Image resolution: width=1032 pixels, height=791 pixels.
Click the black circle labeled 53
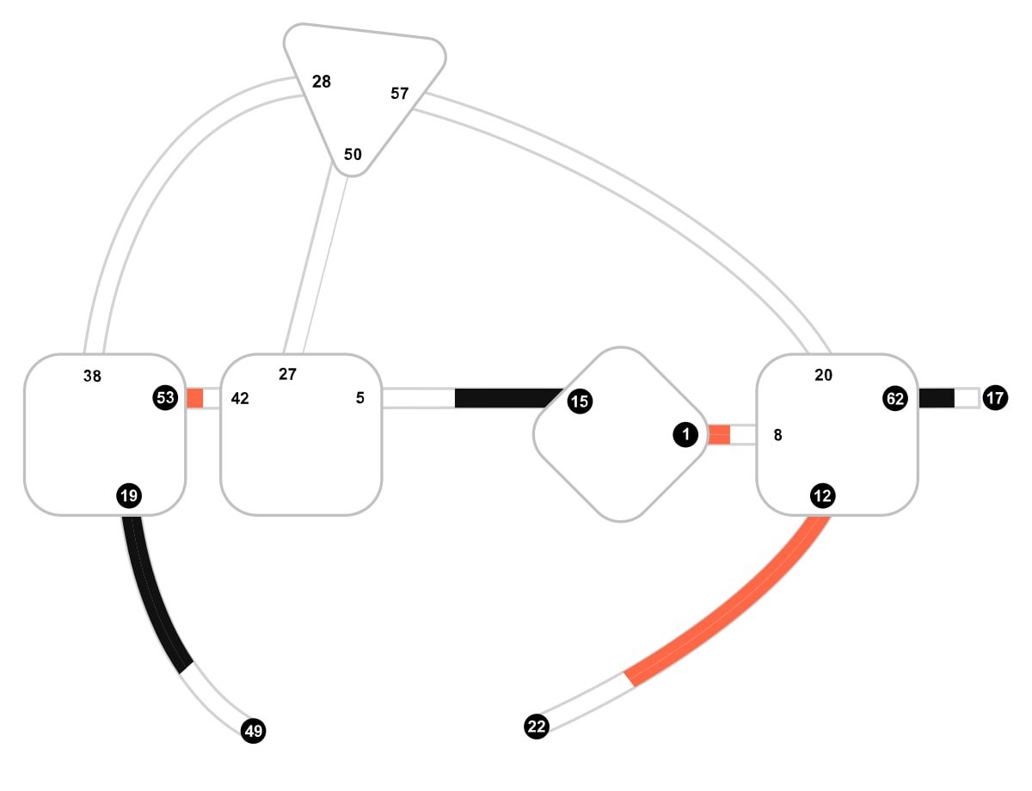click(x=165, y=398)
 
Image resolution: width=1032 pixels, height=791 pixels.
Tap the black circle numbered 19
click(x=129, y=494)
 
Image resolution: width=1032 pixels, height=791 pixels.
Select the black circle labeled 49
click(x=253, y=731)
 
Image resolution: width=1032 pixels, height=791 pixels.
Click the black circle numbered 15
click(x=580, y=400)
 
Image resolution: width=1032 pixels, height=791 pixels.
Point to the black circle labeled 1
click(x=685, y=435)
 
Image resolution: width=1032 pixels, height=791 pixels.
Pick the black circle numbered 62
click(x=895, y=398)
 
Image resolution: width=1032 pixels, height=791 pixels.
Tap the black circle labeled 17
click(x=995, y=398)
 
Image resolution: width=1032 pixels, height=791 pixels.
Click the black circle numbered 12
click(x=822, y=495)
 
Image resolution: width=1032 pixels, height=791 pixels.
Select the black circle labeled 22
click(x=537, y=727)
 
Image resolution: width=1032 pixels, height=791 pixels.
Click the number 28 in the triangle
click(x=322, y=82)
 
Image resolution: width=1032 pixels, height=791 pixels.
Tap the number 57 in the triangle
click(x=400, y=94)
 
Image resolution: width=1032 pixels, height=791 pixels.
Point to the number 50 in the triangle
click(x=353, y=155)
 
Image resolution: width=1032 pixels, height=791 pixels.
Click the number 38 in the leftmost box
click(x=93, y=376)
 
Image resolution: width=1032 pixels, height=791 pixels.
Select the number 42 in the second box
click(x=240, y=399)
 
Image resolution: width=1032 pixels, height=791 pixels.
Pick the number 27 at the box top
click(x=288, y=374)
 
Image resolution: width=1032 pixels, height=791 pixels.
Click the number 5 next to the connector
click(x=360, y=398)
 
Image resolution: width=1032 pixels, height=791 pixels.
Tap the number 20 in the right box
click(x=823, y=375)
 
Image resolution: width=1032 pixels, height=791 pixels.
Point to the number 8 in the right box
click(x=777, y=435)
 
